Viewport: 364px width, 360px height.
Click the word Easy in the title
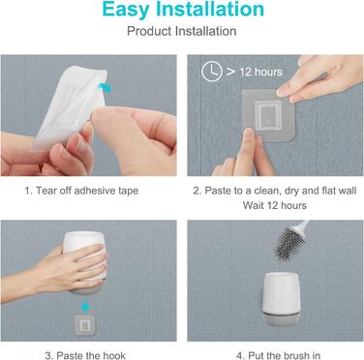[126, 10]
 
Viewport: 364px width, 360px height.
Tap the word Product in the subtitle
[149, 31]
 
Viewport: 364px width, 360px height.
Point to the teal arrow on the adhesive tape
[105, 87]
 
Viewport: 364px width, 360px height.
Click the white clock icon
[212, 72]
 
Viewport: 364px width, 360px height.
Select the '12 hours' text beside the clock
[260, 72]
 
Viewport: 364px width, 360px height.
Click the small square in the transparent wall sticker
[267, 114]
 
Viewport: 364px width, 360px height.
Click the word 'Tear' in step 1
[45, 191]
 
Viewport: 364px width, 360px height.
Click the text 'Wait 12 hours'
[275, 205]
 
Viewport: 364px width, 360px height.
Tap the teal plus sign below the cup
[85, 307]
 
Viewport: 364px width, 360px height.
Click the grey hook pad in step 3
[85, 325]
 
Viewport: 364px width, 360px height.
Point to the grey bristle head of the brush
[288, 243]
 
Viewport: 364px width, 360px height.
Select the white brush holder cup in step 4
[282, 292]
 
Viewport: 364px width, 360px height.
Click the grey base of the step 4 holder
[282, 318]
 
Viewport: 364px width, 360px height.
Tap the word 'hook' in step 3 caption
[114, 355]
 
